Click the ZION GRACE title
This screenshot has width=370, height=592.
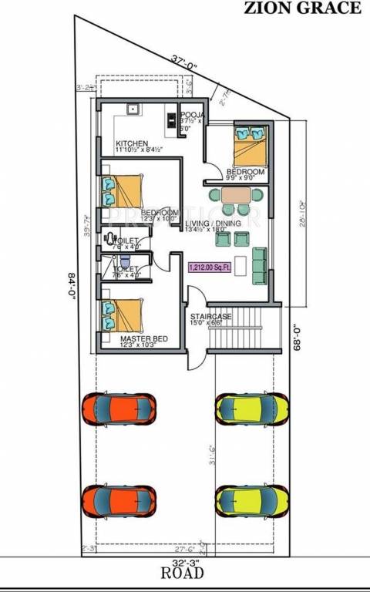click(302, 8)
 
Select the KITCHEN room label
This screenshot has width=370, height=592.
click(132, 144)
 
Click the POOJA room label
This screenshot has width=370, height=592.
click(190, 113)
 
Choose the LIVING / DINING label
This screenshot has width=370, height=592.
click(213, 224)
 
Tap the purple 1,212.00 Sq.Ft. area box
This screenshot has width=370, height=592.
click(210, 267)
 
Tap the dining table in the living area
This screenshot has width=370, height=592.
click(235, 195)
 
